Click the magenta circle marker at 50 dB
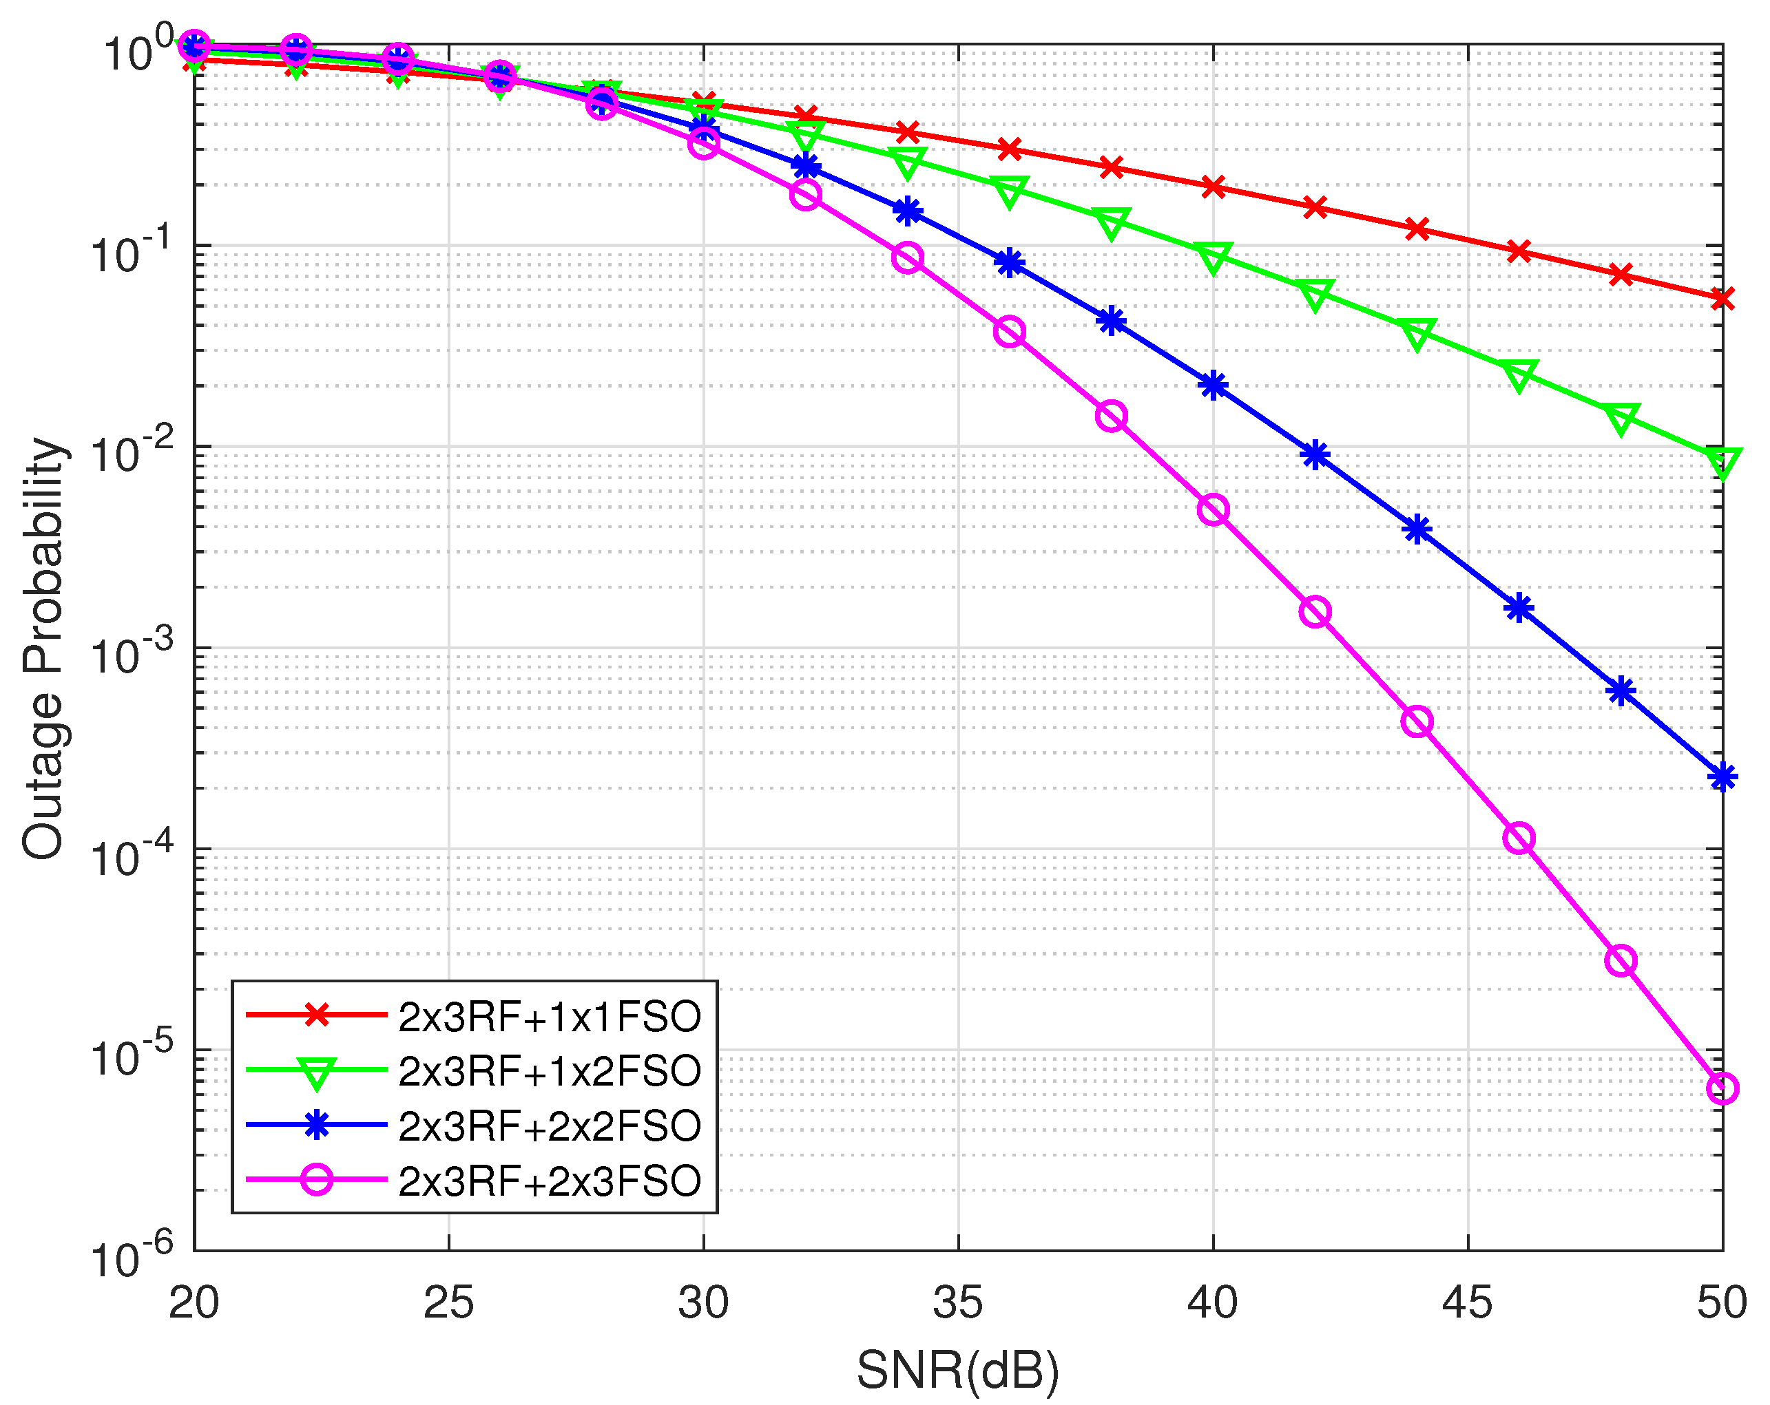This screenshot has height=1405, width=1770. [1722, 1089]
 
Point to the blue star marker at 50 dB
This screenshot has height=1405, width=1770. [1722, 777]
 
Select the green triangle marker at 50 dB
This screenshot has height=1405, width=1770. [1722, 461]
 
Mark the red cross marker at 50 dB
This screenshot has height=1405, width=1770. [1722, 299]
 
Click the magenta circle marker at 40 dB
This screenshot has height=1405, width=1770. [1213, 509]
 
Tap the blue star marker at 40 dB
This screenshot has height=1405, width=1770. [1213, 385]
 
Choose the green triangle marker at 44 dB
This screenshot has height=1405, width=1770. [1417, 333]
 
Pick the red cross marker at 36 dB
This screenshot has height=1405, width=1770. [1009, 149]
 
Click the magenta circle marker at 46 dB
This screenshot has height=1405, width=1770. [1519, 838]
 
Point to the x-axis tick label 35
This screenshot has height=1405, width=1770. [958, 1302]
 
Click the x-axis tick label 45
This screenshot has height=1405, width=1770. [1467, 1302]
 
